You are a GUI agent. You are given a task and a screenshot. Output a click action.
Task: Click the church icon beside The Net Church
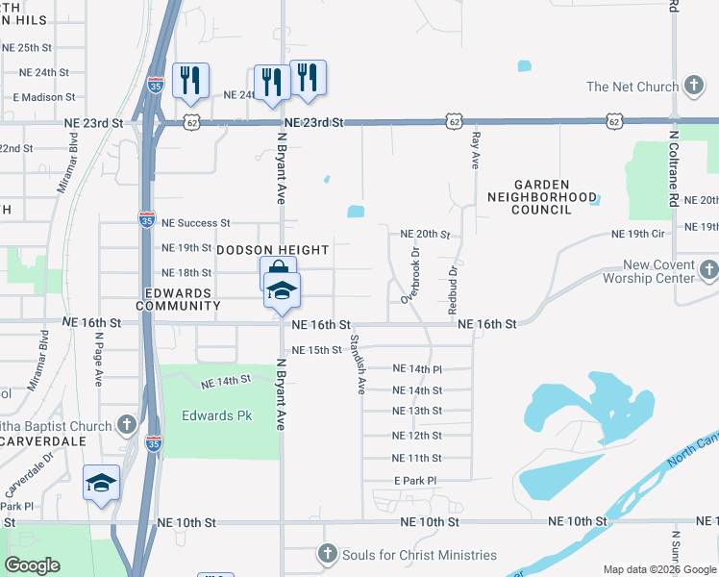pyautogui.click(x=692, y=87)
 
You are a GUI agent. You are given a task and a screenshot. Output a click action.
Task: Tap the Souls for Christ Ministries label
pyautogui.click(x=420, y=555)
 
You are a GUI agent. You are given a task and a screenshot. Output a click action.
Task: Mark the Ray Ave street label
pyautogui.click(x=475, y=152)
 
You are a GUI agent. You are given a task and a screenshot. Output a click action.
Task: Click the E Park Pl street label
pyautogui.click(x=415, y=480)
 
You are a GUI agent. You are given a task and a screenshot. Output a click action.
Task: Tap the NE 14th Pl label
pyautogui.click(x=417, y=368)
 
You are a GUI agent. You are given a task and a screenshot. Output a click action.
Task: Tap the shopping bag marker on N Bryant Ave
pyautogui.click(x=277, y=270)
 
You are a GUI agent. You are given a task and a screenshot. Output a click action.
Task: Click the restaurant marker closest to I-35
pyautogui.click(x=190, y=80)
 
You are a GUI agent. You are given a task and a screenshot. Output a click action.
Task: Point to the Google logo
pyautogui.click(x=33, y=565)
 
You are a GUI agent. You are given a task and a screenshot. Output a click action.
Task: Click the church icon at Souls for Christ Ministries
pyautogui.click(x=328, y=555)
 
